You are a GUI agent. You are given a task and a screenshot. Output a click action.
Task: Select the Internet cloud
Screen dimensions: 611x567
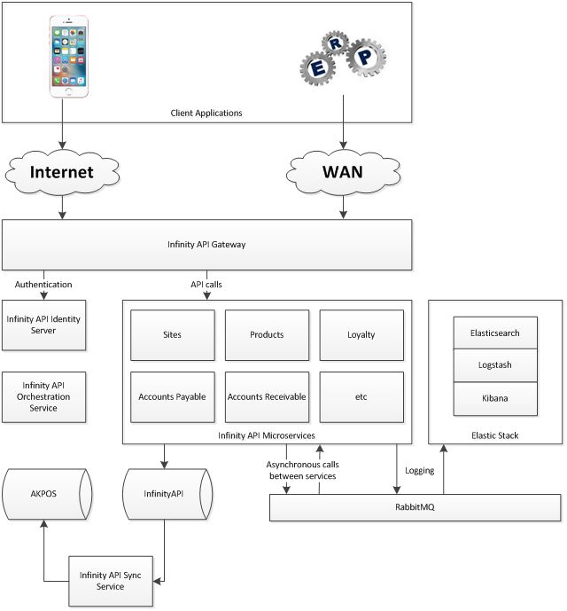point(63,171)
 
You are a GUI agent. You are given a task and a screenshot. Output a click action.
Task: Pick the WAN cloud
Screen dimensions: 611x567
point(341,171)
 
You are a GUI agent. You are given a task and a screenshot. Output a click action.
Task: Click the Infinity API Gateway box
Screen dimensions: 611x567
point(206,245)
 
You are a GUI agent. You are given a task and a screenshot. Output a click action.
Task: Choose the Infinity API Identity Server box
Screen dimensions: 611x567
point(43,325)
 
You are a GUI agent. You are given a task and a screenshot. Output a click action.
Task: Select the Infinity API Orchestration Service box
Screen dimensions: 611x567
point(43,396)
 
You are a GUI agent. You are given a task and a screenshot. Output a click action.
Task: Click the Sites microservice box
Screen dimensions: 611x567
point(172,335)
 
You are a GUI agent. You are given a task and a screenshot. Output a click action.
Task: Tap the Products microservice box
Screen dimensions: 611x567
point(267,335)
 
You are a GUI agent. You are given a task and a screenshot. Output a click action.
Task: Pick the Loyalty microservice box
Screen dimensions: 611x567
point(361,335)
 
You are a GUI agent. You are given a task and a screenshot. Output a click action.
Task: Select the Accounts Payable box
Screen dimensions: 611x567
point(172,396)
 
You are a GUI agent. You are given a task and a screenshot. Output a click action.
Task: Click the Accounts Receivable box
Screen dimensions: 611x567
point(267,396)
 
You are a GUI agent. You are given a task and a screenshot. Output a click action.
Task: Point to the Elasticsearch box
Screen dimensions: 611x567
point(495,333)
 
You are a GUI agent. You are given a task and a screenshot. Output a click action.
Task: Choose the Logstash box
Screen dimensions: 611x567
point(495,364)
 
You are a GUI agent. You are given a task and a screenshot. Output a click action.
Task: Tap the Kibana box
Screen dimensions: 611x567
point(495,398)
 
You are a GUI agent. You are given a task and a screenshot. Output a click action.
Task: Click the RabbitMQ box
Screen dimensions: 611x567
point(415,508)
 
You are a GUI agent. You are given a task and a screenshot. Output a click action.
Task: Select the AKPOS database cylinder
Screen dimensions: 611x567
point(44,494)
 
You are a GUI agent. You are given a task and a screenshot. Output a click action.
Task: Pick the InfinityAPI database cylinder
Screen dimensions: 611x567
point(165,494)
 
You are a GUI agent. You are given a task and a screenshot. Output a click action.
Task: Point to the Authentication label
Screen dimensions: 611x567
point(43,285)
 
